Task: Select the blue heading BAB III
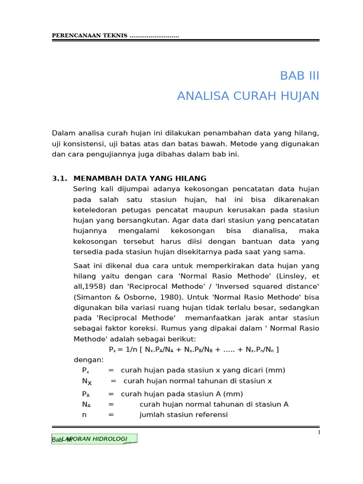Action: [x=300, y=76]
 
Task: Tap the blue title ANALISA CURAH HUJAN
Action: [x=248, y=96]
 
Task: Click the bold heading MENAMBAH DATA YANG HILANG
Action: [x=140, y=178]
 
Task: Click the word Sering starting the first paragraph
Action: [x=84, y=189]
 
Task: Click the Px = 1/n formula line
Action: [x=194, y=349]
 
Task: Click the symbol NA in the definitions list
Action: [x=86, y=405]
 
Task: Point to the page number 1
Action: [x=319, y=432]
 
